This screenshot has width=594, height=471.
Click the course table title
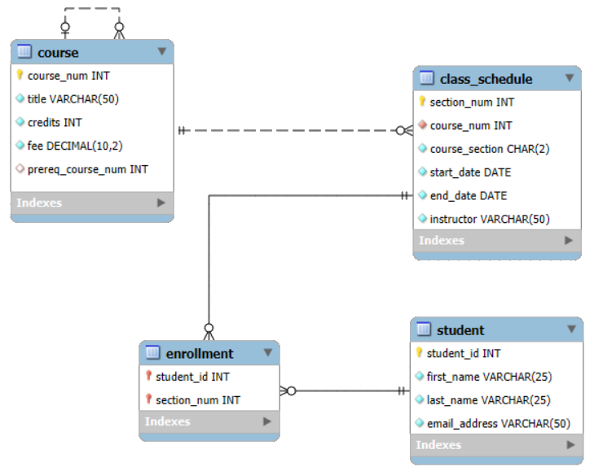tap(58, 53)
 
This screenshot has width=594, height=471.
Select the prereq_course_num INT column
tap(88, 169)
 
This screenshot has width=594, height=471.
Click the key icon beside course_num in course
tap(20, 76)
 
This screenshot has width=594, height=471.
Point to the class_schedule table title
tap(486, 79)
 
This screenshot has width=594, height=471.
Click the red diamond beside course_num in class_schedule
tap(422, 125)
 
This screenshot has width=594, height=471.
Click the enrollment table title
tap(200, 353)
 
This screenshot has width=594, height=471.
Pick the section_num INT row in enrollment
tap(198, 400)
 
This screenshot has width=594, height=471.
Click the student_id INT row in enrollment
tap(192, 377)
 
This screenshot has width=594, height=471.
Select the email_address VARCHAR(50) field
tap(498, 424)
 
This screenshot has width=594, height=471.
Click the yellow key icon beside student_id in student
tap(420, 353)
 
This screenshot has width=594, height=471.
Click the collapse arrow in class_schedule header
tap(569, 78)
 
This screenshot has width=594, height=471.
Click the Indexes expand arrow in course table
tap(161, 203)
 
